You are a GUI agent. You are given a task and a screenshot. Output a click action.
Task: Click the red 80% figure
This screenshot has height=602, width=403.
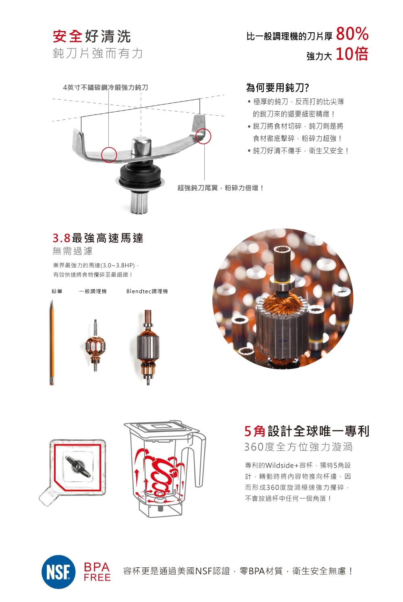352,34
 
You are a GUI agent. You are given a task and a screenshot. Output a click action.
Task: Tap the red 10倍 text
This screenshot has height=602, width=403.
352,54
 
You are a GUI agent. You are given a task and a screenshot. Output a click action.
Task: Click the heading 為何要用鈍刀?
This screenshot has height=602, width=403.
278,87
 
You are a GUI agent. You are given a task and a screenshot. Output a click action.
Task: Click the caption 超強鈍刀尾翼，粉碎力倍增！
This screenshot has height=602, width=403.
220,188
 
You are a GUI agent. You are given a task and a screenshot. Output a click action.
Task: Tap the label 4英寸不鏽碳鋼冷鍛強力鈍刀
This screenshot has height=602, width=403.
105,87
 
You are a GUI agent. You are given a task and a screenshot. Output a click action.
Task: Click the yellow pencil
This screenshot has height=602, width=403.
52,343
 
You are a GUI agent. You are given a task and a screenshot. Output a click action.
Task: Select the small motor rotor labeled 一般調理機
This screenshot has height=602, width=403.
96,346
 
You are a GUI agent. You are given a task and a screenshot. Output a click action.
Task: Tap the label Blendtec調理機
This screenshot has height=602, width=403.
147,292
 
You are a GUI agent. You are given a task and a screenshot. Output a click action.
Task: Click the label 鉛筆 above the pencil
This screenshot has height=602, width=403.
57,291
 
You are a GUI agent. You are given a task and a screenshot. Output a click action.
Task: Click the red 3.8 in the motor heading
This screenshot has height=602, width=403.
62,238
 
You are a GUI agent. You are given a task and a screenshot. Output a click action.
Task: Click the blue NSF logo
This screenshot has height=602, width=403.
59,572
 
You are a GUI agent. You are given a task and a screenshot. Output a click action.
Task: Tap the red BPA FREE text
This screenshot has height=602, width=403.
97,572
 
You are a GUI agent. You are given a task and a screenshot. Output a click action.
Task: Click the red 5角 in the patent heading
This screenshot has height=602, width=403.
255,431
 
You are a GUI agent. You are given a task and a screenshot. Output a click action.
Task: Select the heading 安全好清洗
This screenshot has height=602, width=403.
92,36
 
